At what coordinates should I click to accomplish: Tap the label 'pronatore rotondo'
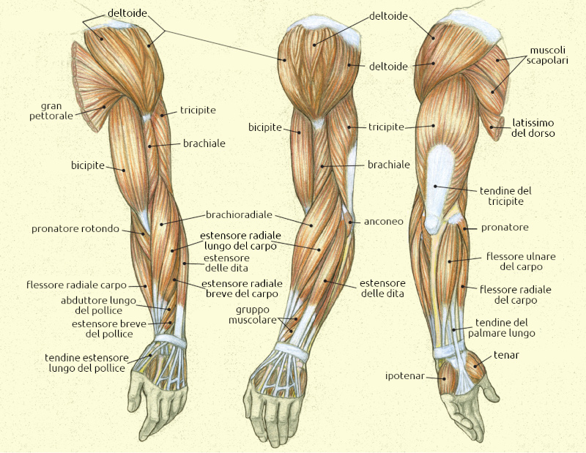[x=75, y=229]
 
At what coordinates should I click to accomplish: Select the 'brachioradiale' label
[x=239, y=215]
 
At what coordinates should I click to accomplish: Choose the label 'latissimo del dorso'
[x=533, y=128]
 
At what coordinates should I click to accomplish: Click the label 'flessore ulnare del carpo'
[x=521, y=261]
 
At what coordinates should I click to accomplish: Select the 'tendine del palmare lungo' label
[x=505, y=327]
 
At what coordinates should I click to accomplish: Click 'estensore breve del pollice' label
[x=103, y=329]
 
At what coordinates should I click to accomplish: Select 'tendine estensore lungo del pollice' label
[x=87, y=362]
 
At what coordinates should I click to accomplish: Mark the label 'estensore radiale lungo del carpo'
[x=239, y=242]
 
